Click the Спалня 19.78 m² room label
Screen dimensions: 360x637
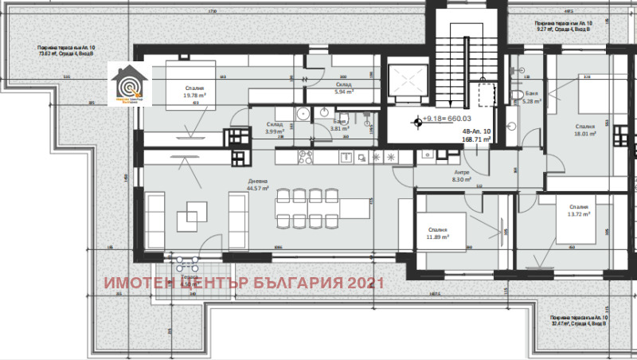coord(194,95)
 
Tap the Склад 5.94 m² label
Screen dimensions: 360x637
coord(344,88)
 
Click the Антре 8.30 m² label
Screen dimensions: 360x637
coord(462,176)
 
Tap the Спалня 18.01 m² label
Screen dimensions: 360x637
coord(586,130)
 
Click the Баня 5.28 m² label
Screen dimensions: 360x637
coord(531,97)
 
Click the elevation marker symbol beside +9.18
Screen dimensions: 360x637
coord(416,122)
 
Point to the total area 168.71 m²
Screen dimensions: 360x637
coord(477,138)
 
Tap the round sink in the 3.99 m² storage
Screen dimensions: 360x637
coord(303,115)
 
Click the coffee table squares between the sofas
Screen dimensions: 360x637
coord(193,212)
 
